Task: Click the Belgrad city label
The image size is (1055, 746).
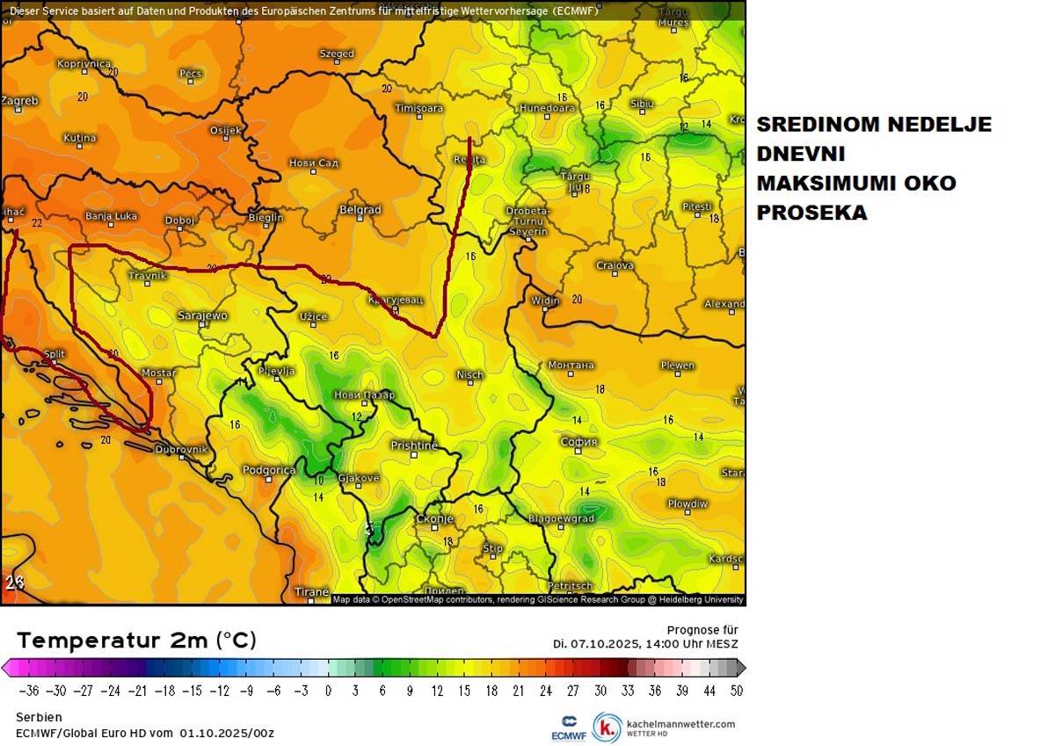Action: tap(360, 210)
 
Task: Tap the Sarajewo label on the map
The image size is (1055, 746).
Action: tap(202, 315)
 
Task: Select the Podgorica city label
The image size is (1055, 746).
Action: tap(268, 471)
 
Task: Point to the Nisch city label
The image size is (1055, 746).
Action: tap(469, 375)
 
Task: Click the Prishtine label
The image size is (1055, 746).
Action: tap(414, 445)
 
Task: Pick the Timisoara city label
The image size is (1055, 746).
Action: tap(418, 108)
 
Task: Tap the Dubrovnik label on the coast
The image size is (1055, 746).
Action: tap(181, 450)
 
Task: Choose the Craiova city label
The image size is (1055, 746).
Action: tap(615, 265)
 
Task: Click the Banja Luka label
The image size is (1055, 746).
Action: tap(111, 216)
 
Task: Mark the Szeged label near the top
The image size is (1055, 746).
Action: tap(337, 54)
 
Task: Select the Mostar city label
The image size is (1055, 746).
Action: tap(159, 373)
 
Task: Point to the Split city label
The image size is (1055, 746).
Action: tap(55, 354)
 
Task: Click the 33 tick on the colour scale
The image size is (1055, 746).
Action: tap(628, 691)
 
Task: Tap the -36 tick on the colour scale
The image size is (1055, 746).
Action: tap(29, 691)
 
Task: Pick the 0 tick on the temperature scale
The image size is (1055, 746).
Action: tap(328, 691)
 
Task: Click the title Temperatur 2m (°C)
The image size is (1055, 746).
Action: tap(136, 641)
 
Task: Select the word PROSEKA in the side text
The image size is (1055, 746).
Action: tap(811, 213)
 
